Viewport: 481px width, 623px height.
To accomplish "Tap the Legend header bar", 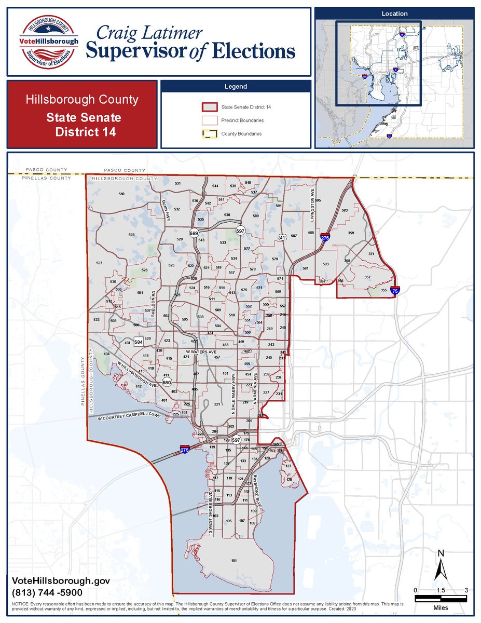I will click(236, 87).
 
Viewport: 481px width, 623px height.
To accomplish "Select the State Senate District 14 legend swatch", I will click(209, 107).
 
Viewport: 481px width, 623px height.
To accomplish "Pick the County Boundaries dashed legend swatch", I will click(209, 133).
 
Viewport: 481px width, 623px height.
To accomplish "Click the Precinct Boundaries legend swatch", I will click(209, 120).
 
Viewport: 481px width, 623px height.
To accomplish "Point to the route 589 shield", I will click(194, 234).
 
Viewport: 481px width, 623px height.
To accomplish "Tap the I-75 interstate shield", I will click(395, 291).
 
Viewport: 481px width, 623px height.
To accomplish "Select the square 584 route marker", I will click(139, 342).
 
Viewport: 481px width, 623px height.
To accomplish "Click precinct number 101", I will click(233, 561).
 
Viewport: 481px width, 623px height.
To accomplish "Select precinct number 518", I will click(121, 194).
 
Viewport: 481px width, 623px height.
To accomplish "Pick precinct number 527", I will click(100, 264).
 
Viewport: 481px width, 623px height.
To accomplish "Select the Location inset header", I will click(394, 13).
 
